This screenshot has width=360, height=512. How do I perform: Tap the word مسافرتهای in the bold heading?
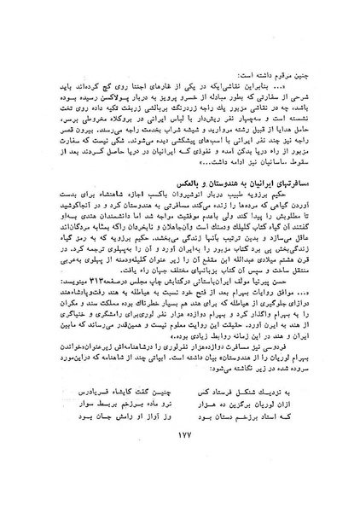pyautogui.click(x=286, y=209)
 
